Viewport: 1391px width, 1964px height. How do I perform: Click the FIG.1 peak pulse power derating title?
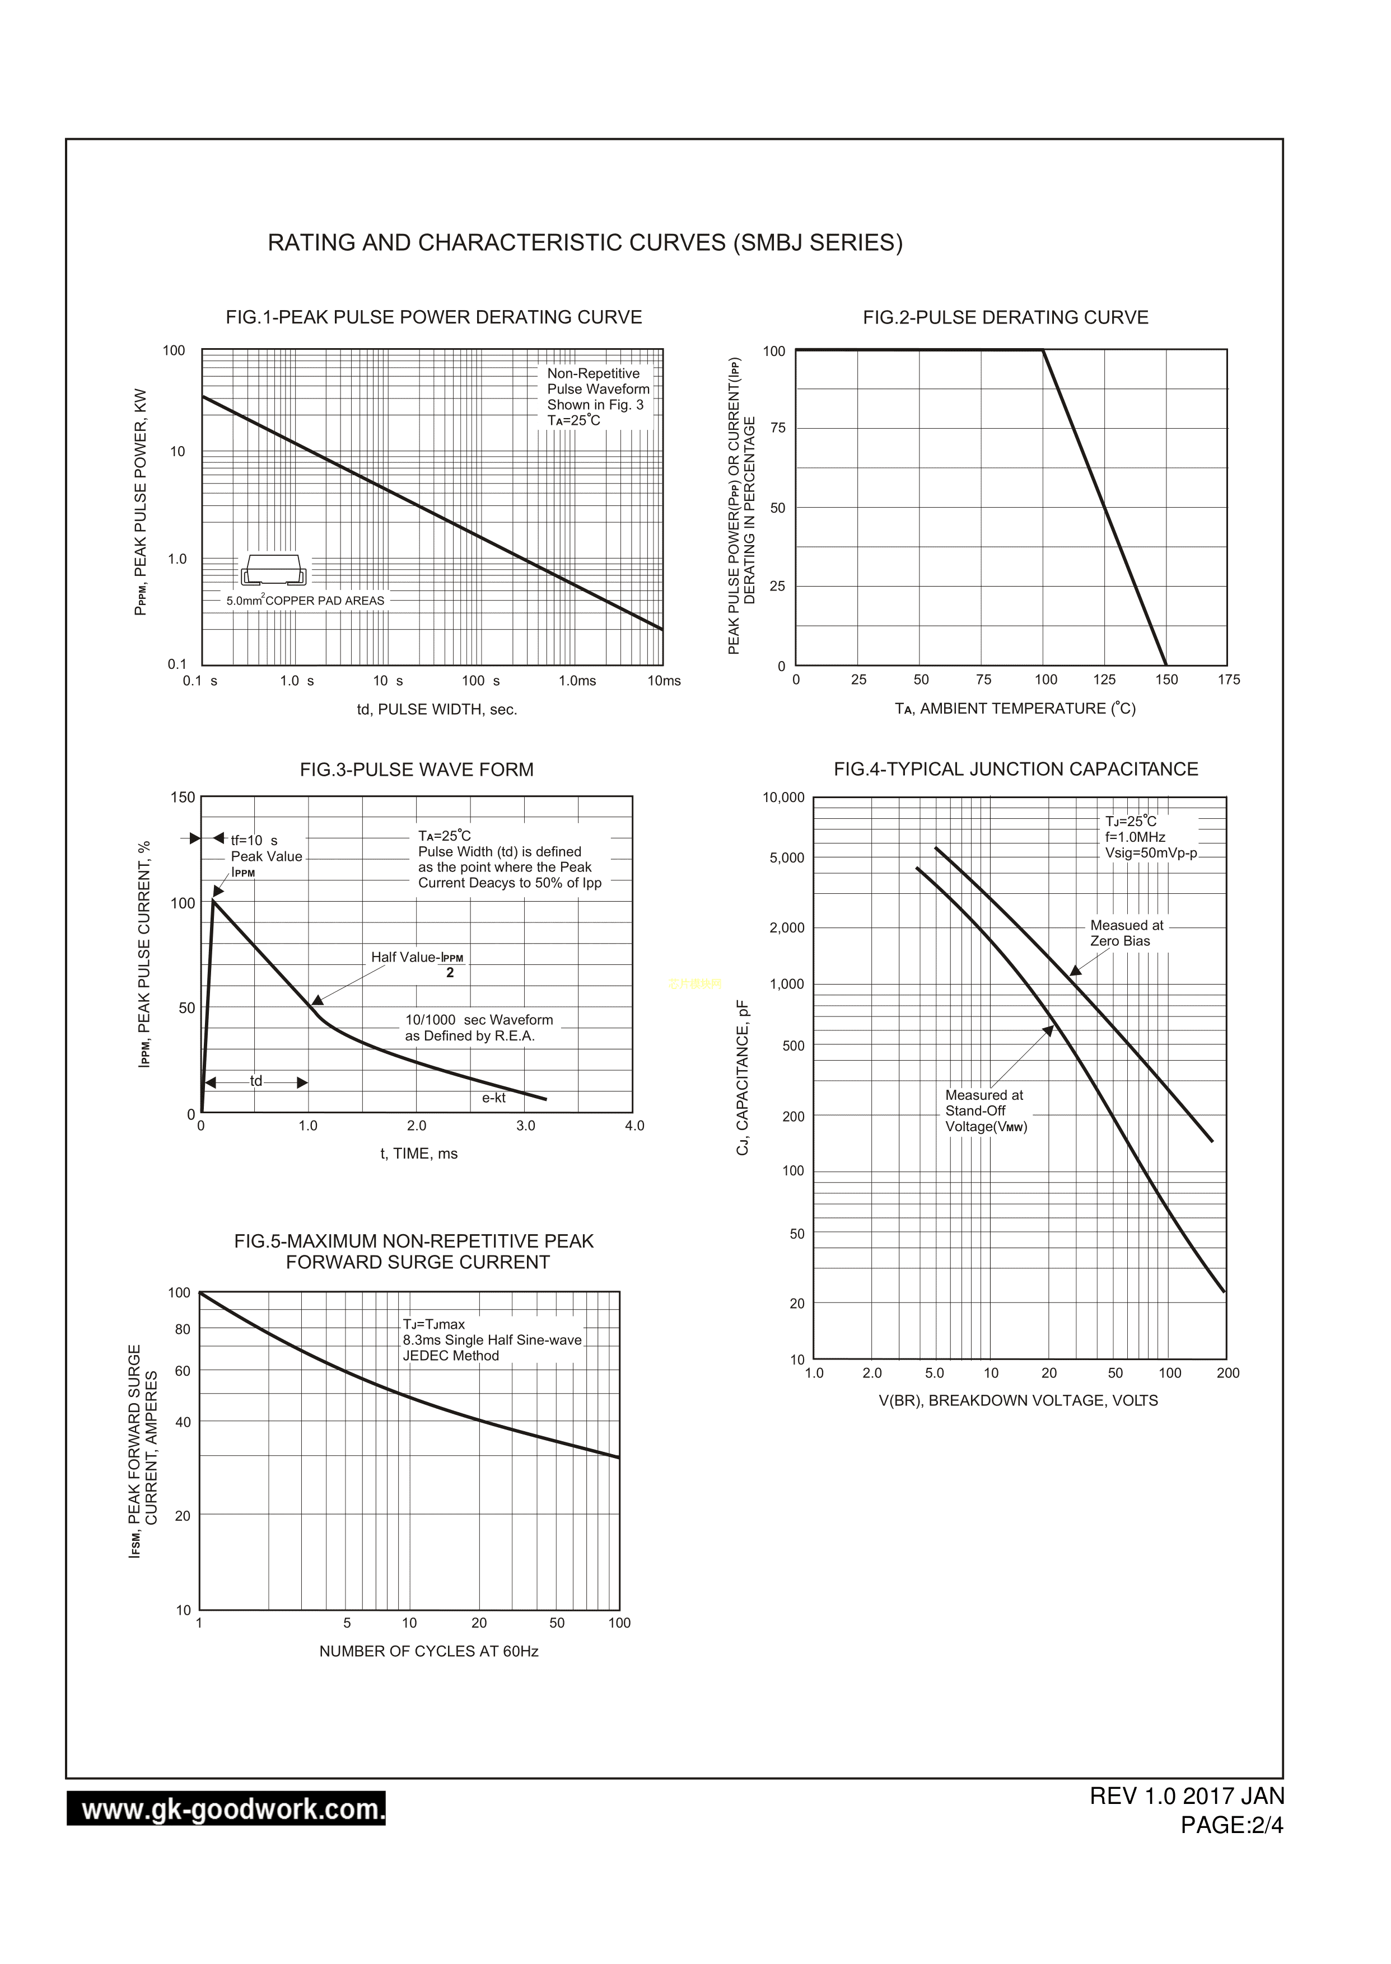point(433,317)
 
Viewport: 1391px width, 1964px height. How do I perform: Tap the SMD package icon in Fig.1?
point(273,569)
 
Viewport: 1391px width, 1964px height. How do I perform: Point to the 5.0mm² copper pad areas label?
point(306,601)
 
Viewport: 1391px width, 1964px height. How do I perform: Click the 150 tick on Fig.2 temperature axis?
point(1166,680)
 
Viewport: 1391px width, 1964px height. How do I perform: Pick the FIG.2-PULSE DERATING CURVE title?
point(1006,317)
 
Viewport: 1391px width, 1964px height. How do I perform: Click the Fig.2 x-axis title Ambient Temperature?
point(1015,709)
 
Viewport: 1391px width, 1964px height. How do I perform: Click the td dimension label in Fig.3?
point(256,1081)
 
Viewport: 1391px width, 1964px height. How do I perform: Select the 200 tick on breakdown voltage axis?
point(1227,1374)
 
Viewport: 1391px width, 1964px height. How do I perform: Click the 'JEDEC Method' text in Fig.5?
point(451,1356)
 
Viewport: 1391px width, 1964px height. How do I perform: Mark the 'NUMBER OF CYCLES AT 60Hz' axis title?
point(428,1652)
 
